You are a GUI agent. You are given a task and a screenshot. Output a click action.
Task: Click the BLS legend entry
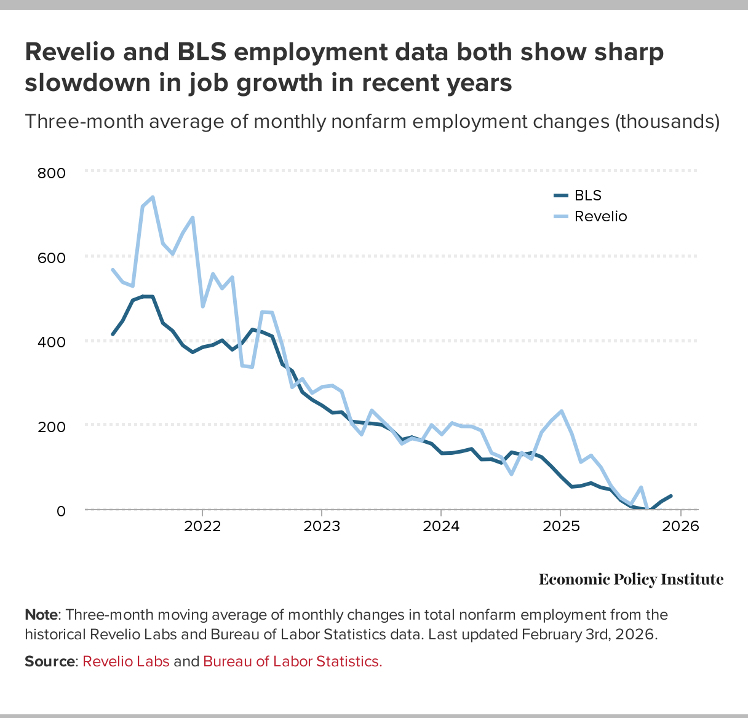click(x=587, y=195)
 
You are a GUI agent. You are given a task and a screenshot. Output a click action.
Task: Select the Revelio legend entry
click(x=600, y=216)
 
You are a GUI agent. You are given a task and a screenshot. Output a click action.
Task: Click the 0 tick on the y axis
click(x=61, y=510)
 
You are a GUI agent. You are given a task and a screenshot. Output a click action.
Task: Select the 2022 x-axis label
click(x=202, y=527)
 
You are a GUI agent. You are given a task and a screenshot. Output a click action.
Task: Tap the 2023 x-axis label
click(x=322, y=527)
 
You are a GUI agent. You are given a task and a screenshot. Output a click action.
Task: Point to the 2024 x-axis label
click(x=441, y=527)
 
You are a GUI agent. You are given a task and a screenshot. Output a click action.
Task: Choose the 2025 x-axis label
click(x=560, y=527)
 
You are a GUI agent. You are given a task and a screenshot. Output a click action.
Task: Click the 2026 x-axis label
click(x=680, y=527)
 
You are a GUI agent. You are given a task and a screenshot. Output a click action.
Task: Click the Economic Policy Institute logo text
click(x=631, y=580)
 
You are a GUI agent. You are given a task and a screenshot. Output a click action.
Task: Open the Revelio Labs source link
click(x=126, y=661)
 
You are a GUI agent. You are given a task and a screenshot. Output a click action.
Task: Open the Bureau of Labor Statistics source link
click(x=293, y=661)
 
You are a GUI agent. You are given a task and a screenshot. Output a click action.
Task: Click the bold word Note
click(x=41, y=615)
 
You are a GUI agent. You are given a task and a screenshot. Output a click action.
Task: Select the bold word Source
click(x=49, y=661)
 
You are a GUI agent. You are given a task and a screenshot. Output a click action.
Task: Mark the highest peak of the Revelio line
click(x=153, y=197)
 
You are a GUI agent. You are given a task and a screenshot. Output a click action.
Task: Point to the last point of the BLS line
click(x=670, y=495)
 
